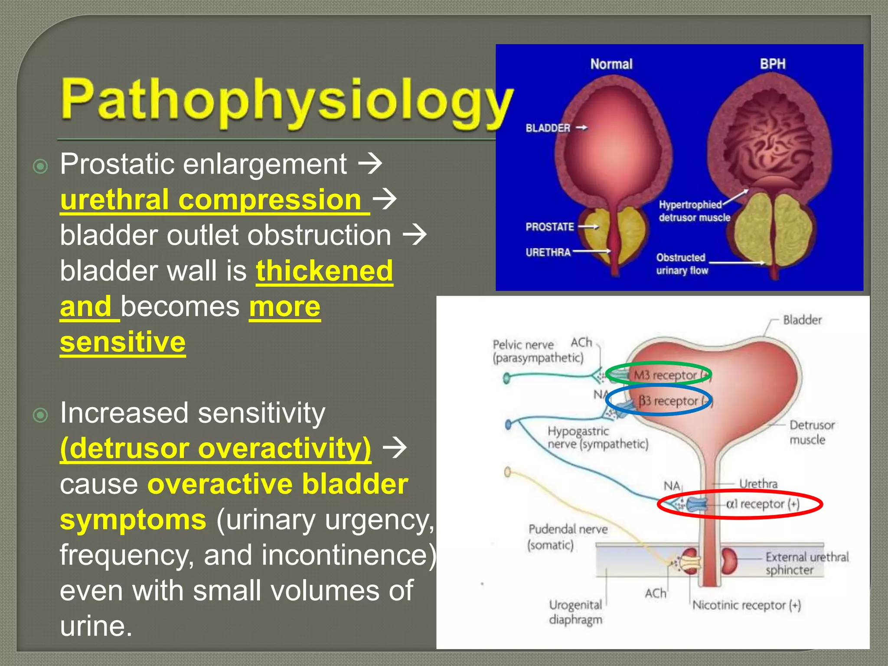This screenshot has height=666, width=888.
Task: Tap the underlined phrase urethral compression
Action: point(215,200)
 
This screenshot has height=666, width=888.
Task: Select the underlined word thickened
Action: point(324,271)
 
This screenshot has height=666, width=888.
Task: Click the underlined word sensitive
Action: point(123,342)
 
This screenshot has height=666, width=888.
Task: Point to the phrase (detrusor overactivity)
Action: point(215,448)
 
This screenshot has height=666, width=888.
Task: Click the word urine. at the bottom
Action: point(96,626)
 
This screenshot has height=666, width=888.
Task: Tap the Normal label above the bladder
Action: point(611,64)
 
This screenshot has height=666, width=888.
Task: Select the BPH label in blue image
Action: point(772,64)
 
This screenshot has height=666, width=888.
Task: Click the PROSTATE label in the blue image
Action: point(549,227)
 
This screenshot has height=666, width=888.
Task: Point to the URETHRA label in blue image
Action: point(548,252)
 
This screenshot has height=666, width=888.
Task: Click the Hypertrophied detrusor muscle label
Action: point(694,211)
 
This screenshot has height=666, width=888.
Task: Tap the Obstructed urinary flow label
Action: point(682,264)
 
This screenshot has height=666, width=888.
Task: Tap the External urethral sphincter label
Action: point(806,563)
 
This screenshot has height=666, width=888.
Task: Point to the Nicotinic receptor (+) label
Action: point(746,605)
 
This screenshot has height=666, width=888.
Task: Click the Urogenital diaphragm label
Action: point(575,612)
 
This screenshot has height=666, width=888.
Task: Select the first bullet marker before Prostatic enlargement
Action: point(40,166)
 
